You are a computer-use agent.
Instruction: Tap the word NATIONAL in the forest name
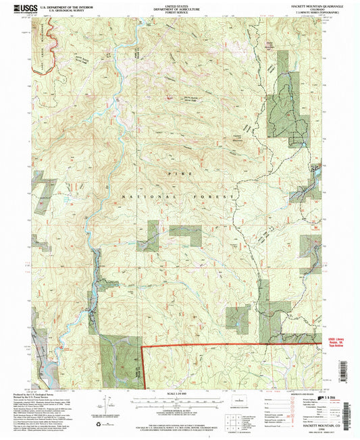140,196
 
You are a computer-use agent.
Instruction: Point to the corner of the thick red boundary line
143,348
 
